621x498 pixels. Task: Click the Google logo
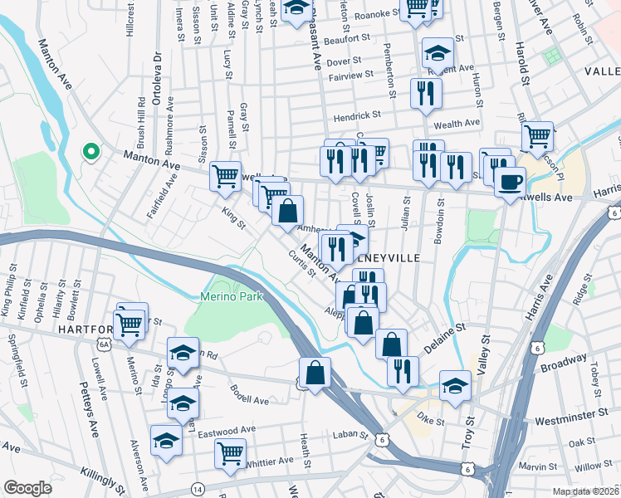coord(27,488)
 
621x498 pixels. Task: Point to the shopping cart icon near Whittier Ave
coord(230,453)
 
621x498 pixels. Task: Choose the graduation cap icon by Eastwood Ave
coord(166,440)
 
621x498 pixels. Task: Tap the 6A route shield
coord(104,342)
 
